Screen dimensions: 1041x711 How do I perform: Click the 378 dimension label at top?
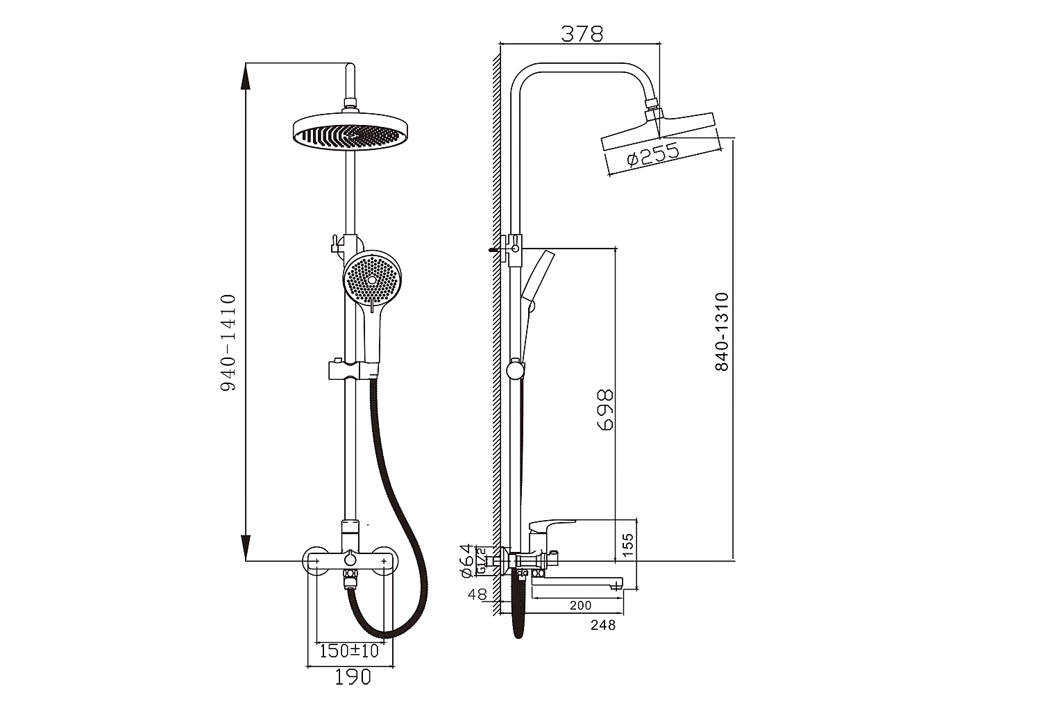tap(582, 33)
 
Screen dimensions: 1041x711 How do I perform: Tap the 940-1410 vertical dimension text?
tap(228, 342)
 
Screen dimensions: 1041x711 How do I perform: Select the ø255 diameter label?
tap(652, 154)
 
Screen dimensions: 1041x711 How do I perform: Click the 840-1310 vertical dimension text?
tap(722, 332)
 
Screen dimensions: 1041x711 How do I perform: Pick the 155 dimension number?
tap(627, 544)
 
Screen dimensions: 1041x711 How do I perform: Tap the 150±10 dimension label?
tap(349, 651)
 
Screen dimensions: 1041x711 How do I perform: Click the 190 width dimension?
tap(353, 678)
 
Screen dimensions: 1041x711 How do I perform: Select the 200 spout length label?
tap(580, 605)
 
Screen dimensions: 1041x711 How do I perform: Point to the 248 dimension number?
tap(603, 626)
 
